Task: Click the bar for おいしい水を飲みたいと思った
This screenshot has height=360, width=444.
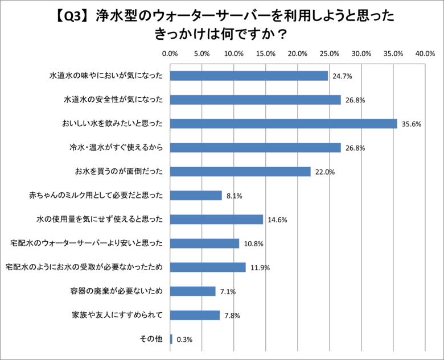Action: (283, 123)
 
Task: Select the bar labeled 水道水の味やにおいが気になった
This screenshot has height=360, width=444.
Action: (249, 76)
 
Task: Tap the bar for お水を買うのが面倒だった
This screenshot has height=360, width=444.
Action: (240, 172)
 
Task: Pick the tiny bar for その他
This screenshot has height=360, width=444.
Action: (171, 339)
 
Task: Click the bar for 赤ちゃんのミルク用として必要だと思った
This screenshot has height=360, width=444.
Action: (196, 196)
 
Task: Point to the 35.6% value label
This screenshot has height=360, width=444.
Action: (411, 124)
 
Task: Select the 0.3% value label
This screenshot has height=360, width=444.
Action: (185, 340)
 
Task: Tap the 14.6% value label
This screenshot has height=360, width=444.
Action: (277, 220)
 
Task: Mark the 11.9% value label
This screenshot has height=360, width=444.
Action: (260, 268)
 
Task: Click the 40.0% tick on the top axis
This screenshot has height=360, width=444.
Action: (425, 53)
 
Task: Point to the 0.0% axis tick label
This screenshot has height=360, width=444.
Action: (170, 53)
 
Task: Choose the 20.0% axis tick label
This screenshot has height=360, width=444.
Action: (298, 53)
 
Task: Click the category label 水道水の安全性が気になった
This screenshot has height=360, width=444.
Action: (113, 100)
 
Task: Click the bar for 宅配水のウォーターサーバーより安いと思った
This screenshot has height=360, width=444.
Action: (204, 243)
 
